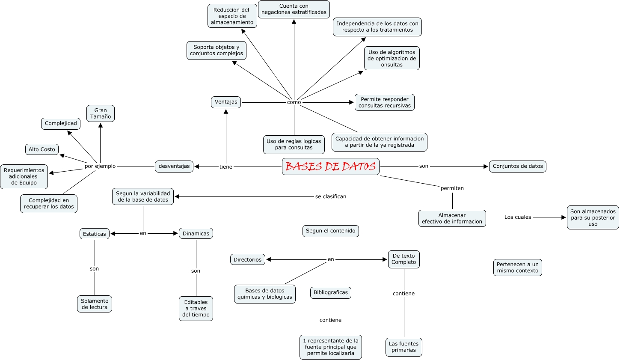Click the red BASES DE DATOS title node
pos(330,167)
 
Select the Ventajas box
pos(226,102)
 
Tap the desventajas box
pos(174,167)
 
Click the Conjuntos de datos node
pos(517,167)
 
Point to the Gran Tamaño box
pos(101,113)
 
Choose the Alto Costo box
pos(42,149)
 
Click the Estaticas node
pos(95,234)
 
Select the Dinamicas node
pos(196,234)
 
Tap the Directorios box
pos(247,259)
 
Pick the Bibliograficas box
pos(331,293)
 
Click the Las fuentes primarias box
pos(403,347)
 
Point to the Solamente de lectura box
pos(95,304)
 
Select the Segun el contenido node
pos(330,231)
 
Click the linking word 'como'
pos(294,102)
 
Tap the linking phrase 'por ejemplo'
pos(100,167)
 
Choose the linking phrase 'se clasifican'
pos(331,196)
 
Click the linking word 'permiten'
pos(452,188)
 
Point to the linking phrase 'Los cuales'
pos(518,217)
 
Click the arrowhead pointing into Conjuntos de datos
pos(486,167)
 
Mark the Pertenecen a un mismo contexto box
pos(518,268)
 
